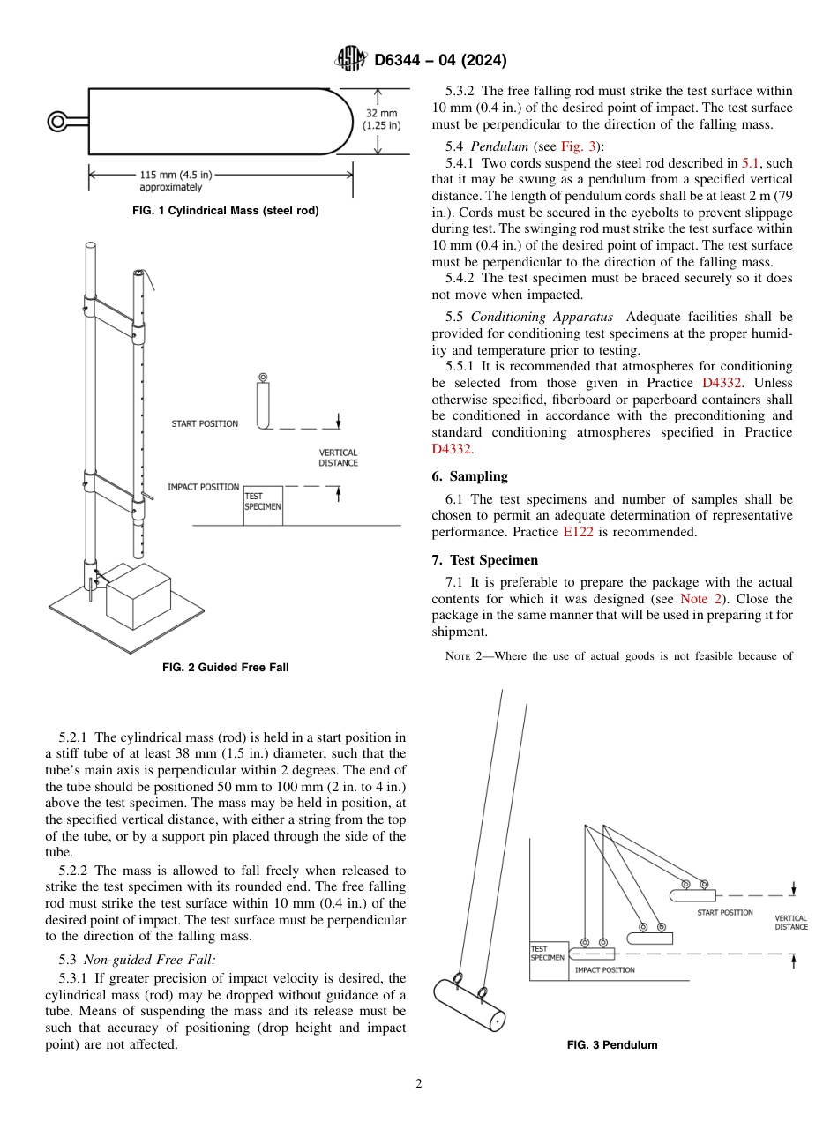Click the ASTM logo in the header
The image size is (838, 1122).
350,61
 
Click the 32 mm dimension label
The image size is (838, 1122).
382,119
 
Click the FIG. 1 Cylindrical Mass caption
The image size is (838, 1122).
225,211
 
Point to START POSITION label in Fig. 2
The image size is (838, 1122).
205,424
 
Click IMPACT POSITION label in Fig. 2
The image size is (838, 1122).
203,487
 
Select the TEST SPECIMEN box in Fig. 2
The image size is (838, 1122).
263,505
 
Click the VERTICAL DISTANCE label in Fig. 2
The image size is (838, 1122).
339,458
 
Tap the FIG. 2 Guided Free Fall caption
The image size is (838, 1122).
225,668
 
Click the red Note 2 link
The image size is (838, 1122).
704,599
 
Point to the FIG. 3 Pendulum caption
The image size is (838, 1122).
611,1045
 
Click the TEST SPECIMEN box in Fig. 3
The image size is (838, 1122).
548,960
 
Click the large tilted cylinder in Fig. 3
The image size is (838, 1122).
469,1004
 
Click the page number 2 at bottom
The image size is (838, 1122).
419,1084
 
